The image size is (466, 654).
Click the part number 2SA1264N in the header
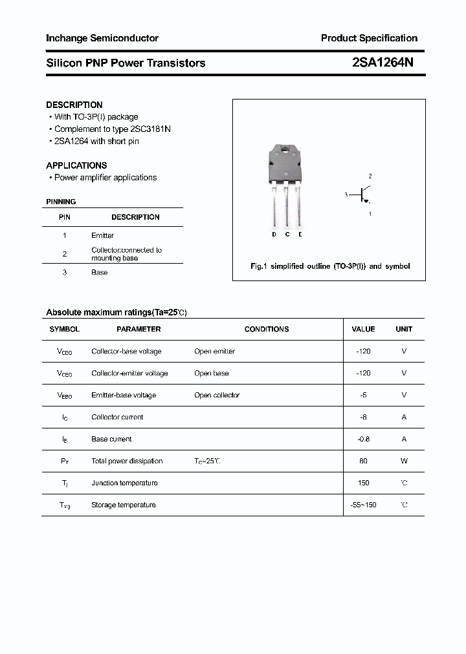pos(383,63)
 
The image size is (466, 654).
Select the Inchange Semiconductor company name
pos(102,38)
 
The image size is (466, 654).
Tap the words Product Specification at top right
pos(369,38)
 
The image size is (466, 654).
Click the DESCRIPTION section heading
pos(74,105)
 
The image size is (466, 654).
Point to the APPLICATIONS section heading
pos(76,165)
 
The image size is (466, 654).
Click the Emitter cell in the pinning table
pos(102,236)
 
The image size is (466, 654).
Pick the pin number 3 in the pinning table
pos(64,273)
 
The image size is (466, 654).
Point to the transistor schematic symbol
pos(363,195)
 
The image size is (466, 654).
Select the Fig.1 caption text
pos(329,266)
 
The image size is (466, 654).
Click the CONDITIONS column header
pos(266,329)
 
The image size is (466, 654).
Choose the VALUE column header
pos(363,329)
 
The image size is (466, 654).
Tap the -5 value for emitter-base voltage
pos(363,395)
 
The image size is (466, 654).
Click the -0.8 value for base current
pos(363,439)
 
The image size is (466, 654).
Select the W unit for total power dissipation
pos(404,461)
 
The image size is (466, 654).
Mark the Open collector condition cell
pos(217,395)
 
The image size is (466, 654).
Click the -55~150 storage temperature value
pos(363,505)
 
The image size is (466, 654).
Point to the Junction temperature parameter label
pos(124,483)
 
